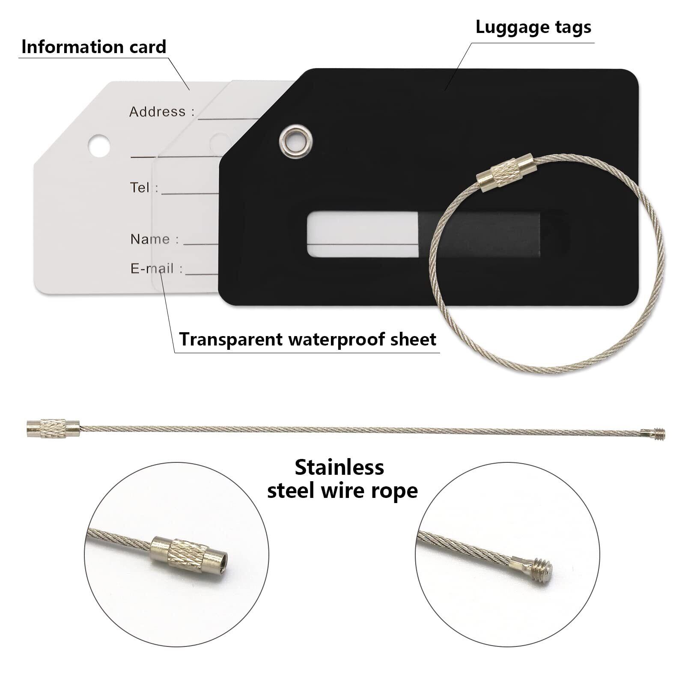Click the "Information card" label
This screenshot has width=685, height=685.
94,47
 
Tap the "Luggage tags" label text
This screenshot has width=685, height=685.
533,27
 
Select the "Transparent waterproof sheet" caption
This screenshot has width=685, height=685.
307,339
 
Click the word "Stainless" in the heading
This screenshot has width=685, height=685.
339,467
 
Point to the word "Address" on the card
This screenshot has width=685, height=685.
158,112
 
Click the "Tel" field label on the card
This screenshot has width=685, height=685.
140,188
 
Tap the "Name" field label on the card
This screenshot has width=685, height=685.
149,239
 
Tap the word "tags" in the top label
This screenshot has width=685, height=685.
571,27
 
